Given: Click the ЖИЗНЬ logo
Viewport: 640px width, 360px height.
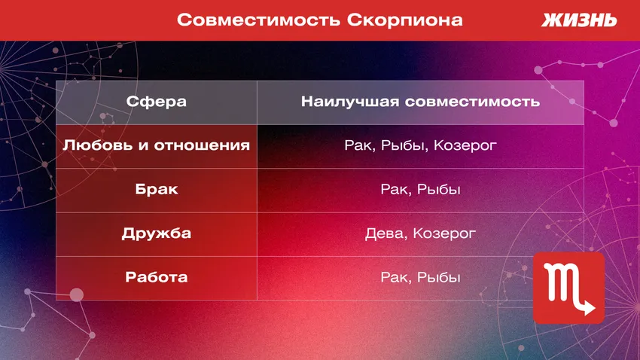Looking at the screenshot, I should tap(579, 20).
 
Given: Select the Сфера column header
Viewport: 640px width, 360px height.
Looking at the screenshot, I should tap(157, 102).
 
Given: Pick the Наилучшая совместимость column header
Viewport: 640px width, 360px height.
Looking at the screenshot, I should tap(420, 102).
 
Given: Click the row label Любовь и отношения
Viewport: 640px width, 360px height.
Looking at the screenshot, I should tap(157, 145).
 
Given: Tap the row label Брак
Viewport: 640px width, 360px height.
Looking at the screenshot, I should tap(157, 189).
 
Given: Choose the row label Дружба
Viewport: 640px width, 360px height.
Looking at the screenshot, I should tap(157, 233).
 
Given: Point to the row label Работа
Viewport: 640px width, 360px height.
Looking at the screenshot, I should tap(157, 277).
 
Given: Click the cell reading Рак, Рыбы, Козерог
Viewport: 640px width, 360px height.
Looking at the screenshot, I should tap(420, 145).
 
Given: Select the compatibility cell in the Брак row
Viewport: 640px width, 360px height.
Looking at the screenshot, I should tap(420, 189).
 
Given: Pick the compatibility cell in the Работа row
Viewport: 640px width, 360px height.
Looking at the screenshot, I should tap(420, 277).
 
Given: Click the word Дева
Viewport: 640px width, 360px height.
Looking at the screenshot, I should tap(384, 233).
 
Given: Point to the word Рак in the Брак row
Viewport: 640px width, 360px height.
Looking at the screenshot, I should tap(394, 189).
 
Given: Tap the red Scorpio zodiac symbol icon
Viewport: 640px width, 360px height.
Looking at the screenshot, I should tap(568, 288).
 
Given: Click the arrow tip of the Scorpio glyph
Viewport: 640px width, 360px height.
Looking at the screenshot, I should tap(593, 309).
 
